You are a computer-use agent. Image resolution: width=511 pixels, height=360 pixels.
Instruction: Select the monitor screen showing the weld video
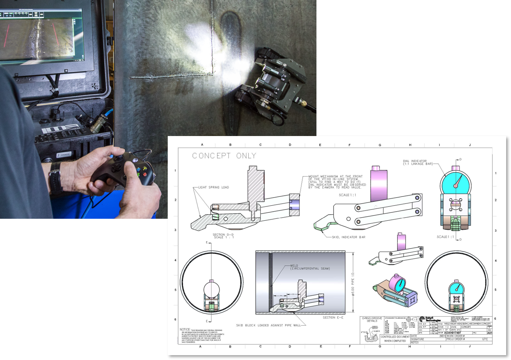pos(41,35)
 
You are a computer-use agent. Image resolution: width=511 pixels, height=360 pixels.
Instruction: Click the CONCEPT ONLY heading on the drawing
pos(224,156)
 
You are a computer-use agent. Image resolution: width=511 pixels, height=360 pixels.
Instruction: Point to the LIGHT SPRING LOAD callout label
pos(214,187)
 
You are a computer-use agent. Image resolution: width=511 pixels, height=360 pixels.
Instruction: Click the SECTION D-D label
pos(223,236)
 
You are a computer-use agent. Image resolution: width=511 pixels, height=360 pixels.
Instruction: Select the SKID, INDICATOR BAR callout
pos(348,237)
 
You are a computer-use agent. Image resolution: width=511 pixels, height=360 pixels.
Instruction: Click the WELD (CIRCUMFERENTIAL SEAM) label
pos(310,267)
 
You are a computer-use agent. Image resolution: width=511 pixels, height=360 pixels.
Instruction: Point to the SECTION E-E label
pos(333,318)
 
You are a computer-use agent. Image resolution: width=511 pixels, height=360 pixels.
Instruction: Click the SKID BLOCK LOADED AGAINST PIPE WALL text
pos(268,325)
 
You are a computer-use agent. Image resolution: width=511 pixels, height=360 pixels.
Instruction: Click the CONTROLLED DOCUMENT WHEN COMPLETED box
pos(395,339)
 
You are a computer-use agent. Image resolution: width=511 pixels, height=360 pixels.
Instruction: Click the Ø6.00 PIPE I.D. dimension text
pos(353,283)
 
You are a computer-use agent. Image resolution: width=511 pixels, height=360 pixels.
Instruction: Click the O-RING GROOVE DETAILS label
pos(372,319)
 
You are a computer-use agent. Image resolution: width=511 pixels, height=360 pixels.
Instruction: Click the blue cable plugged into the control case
pos(108,113)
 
